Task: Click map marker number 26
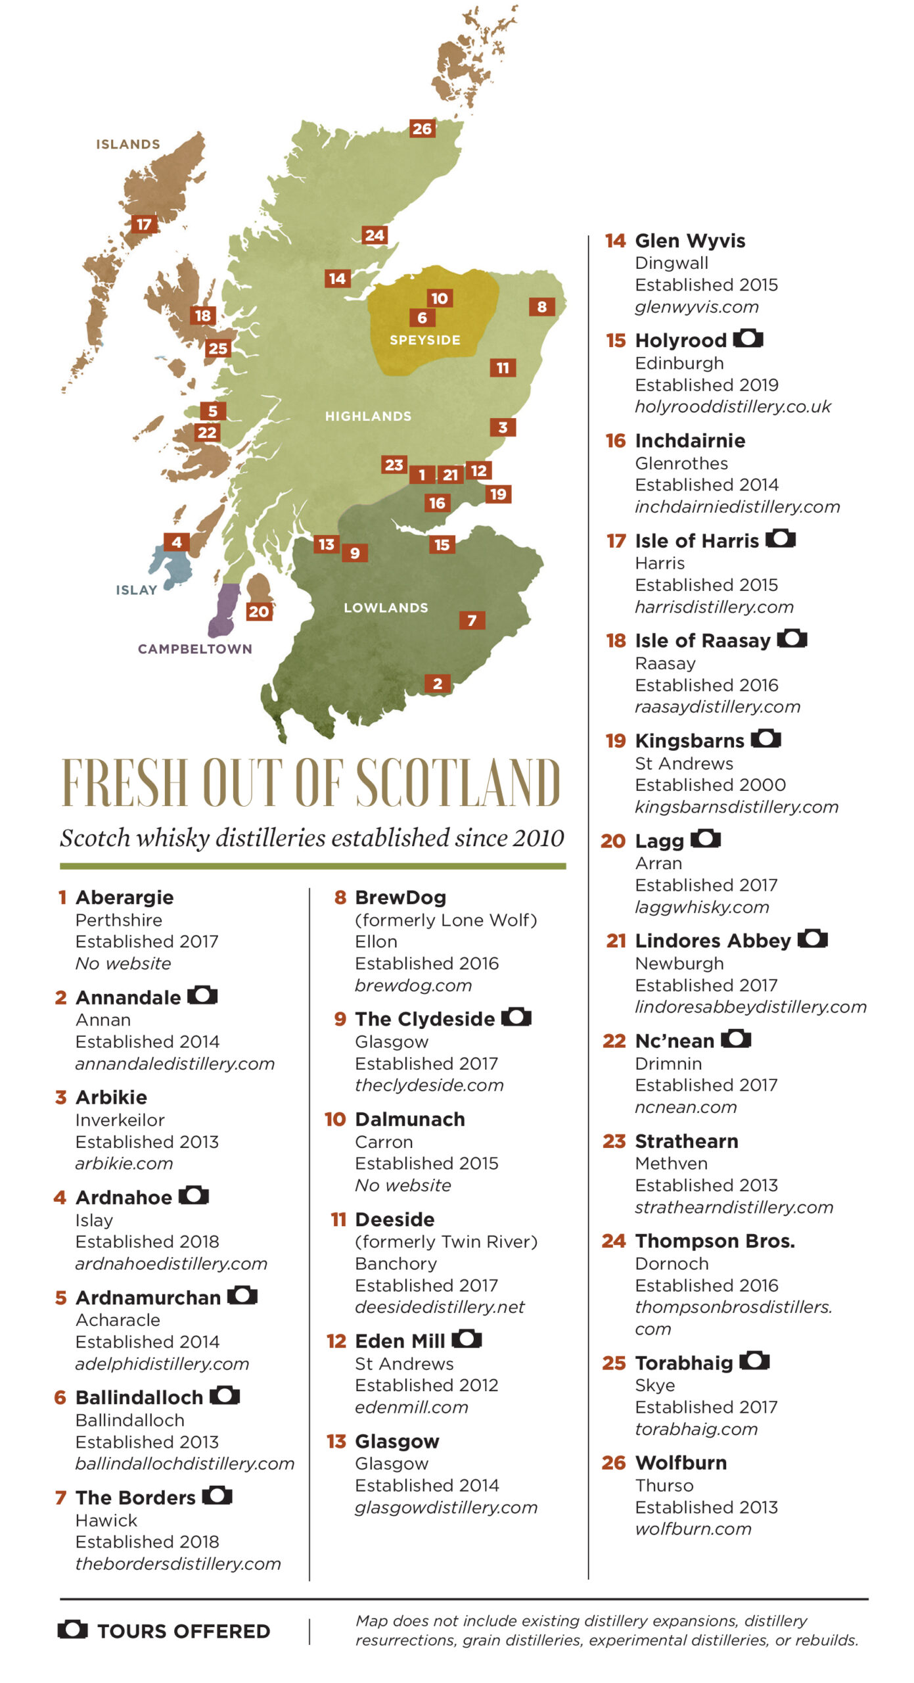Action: coord(422,128)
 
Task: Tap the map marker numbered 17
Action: coord(144,224)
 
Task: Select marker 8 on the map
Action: coord(541,306)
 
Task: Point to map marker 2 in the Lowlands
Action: coord(438,684)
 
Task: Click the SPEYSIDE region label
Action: coord(424,340)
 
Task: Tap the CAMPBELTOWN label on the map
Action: coord(194,649)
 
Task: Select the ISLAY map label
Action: coord(136,590)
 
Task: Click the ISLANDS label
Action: coord(128,144)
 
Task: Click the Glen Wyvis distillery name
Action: coord(689,241)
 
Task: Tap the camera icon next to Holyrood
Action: coord(748,339)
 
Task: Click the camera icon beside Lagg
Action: coord(706,839)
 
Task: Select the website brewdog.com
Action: coord(413,985)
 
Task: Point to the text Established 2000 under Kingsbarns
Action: coord(710,784)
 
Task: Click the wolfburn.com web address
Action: coord(693,1529)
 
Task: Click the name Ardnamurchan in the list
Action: coord(148,1297)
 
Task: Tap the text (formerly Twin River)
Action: coord(446,1241)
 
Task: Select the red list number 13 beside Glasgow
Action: coord(336,1441)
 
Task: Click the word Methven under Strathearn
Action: coord(671,1163)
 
